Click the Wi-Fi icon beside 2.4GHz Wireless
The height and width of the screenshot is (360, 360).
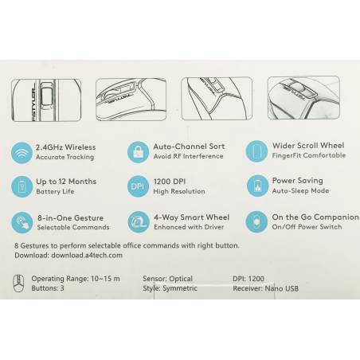[22, 153]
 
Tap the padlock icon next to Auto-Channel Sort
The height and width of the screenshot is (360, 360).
[138, 152]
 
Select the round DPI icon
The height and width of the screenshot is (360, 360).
[138, 186]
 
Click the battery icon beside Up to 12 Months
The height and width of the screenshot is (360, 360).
[22, 186]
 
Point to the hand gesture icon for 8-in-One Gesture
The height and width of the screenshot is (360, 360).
[22, 222]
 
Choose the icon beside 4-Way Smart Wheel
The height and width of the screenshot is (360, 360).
[139, 222]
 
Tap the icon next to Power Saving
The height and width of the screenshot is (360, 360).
[257, 186]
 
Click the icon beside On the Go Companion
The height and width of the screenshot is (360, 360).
[256, 221]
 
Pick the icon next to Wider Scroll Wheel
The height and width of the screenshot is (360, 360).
[256, 151]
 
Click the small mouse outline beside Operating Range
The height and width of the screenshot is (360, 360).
[18, 284]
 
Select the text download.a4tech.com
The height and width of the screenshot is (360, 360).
[87, 256]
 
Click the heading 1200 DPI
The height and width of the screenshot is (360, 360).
[170, 182]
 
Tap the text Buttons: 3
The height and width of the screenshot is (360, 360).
[48, 288]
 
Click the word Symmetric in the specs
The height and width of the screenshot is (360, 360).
[180, 288]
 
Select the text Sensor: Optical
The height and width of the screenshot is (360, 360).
[167, 279]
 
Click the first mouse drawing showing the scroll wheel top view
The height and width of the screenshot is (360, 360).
[46, 100]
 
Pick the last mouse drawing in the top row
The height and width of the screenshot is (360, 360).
[303, 98]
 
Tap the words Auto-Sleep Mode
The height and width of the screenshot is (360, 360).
[300, 190]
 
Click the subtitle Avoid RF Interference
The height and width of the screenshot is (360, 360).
[188, 156]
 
